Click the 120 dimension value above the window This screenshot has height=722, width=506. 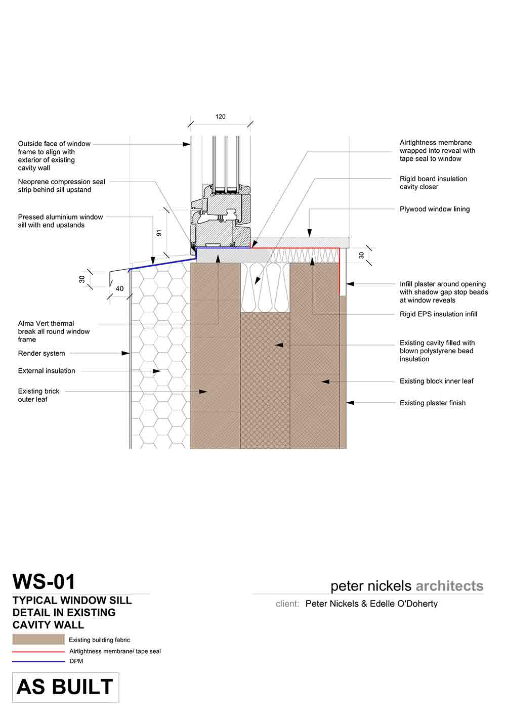coord(220,117)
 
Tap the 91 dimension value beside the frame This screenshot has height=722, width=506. coord(159,233)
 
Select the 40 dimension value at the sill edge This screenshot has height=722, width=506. coord(119,289)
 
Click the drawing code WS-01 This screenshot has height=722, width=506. coord(44,582)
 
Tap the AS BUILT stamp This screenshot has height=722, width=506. coord(65,687)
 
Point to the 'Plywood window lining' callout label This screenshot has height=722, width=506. coord(435,209)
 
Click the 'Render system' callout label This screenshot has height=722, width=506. coord(41,354)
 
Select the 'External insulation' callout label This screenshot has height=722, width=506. coord(47,371)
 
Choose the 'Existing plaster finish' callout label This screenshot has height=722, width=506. coord(433,403)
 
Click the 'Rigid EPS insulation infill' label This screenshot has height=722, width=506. coord(438,314)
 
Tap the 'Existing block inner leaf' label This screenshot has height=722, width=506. coord(437,381)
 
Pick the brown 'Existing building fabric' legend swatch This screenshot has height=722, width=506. coord(38,640)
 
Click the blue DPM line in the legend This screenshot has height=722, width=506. coord(38,661)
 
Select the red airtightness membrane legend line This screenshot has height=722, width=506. coord(38,652)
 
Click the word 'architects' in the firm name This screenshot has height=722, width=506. coord(449,586)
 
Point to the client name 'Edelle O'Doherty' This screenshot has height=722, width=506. coord(404,604)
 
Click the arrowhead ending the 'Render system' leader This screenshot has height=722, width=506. coord(126,354)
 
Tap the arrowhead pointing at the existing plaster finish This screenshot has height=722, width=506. coord(350,403)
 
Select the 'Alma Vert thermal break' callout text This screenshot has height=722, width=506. coord(54,331)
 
